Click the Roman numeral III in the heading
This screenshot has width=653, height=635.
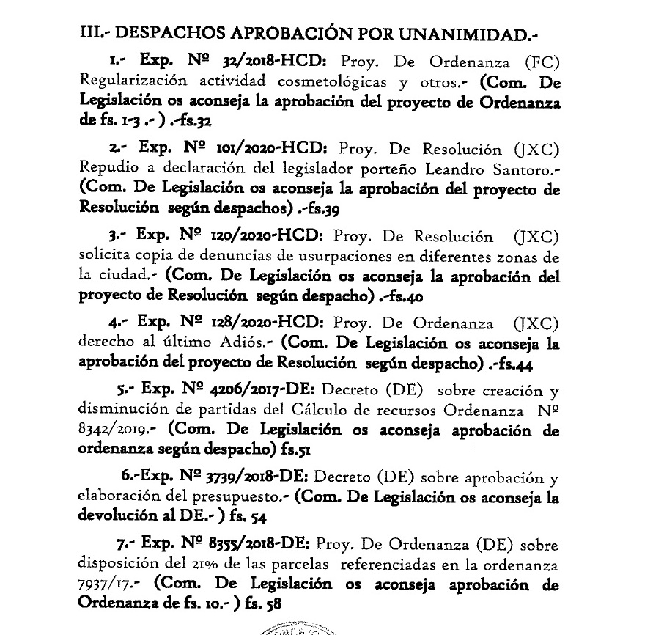[92, 34]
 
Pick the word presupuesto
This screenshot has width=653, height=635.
[239, 496]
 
